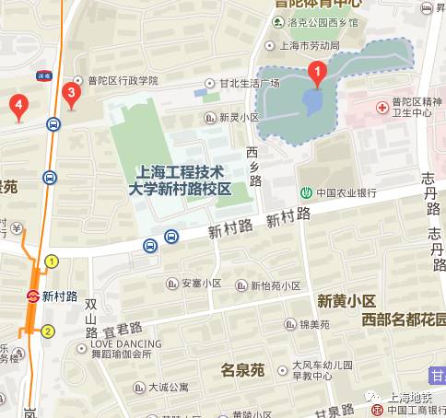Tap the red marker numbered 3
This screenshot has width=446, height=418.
[69, 93]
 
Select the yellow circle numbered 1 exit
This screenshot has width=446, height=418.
[52, 261]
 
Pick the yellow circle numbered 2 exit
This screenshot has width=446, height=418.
[48, 331]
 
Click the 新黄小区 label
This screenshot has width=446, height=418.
[346, 300]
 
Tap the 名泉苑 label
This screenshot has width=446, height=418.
[243, 370]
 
